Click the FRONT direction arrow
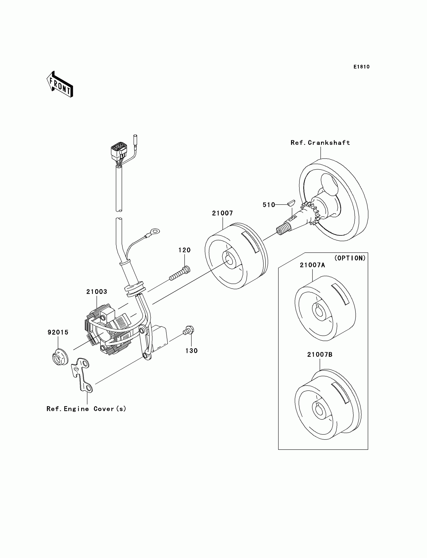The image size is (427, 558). click(60, 85)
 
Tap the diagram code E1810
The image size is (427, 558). click(361, 67)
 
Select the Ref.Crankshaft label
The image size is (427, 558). click(320, 143)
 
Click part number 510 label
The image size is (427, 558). click(269, 205)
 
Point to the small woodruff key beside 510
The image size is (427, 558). click(291, 203)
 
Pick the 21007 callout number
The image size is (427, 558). click(222, 213)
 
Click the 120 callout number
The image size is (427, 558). click(184, 250)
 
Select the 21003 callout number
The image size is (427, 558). click(97, 292)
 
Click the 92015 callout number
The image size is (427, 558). click(58, 332)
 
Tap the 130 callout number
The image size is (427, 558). click(191, 351)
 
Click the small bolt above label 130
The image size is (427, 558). click(189, 330)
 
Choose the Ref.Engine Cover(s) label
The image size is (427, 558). click(86, 409)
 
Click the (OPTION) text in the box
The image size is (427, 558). click(350, 258)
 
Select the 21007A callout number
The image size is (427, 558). click(312, 265)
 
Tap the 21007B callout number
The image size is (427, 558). click(320, 355)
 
